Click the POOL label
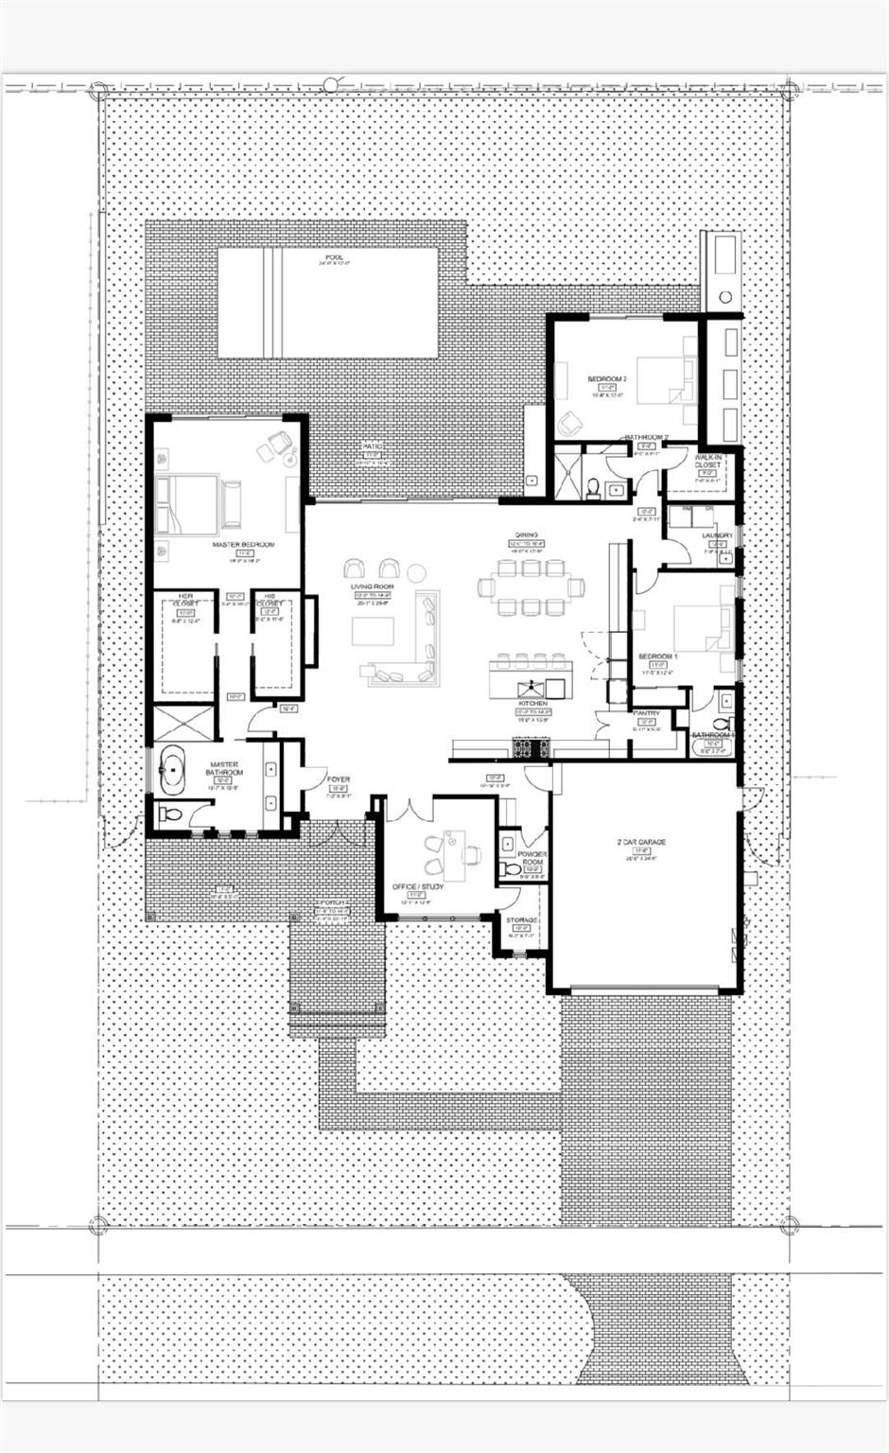[x=333, y=257]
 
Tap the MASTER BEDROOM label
[x=243, y=545]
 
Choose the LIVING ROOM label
[x=372, y=587]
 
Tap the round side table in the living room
[x=416, y=572]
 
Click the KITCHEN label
[x=532, y=704]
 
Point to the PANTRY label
[x=647, y=713]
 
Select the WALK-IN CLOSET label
[x=707, y=461]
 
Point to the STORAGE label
[x=521, y=919]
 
